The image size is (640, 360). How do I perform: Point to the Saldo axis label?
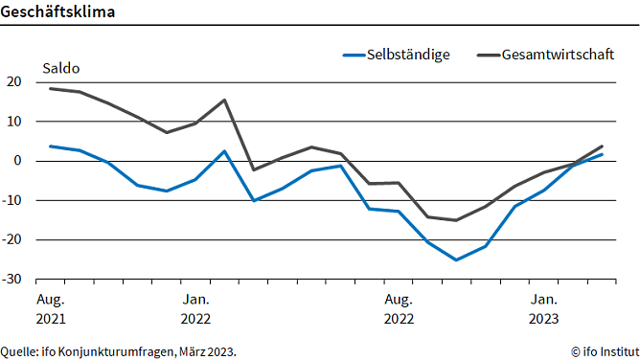pos(60,68)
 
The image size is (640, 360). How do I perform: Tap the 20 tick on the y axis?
pos(13,82)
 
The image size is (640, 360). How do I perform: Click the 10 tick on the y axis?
pos(13,122)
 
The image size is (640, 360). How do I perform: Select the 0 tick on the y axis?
pos(17,161)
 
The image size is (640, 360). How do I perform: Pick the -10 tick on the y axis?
pos(11,201)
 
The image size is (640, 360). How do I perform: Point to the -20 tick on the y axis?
pos(11,240)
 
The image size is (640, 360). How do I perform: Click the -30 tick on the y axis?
pos(11,280)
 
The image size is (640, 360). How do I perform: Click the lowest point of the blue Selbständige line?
pos(456,259)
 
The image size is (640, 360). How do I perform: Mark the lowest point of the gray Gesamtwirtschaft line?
pos(456,220)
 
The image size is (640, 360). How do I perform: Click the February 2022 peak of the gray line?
pos(224,100)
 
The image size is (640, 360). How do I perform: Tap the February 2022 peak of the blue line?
pos(224,151)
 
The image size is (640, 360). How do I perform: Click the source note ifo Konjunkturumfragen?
pos(119,351)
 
